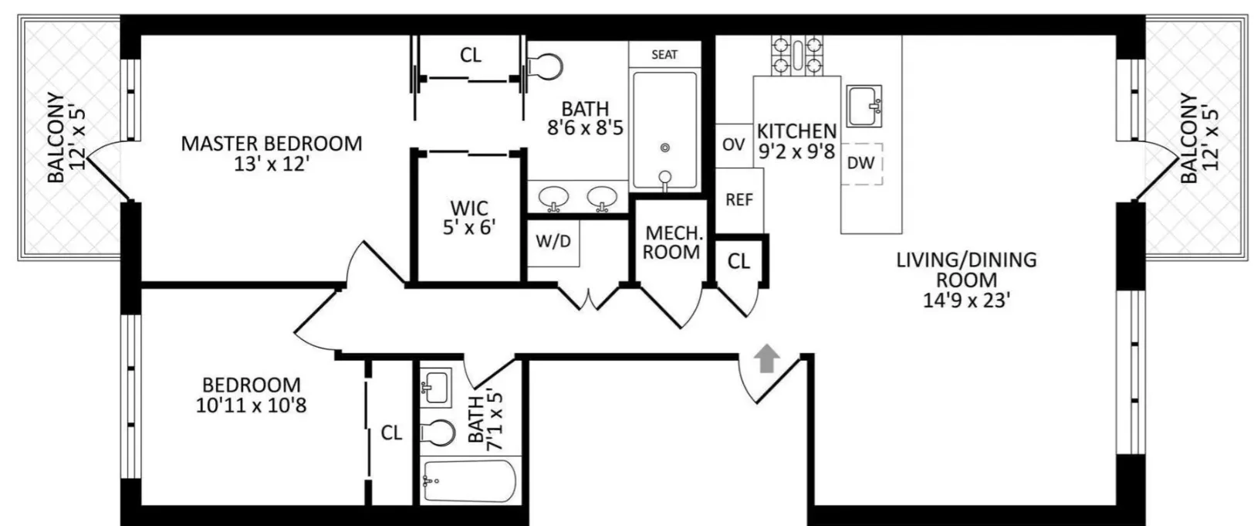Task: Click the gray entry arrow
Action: click(x=766, y=358)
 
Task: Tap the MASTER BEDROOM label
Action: click(x=271, y=144)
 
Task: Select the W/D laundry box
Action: click(x=553, y=241)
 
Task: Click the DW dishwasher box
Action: click(x=861, y=163)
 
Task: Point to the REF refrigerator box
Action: click(x=739, y=200)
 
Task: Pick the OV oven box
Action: click(x=733, y=144)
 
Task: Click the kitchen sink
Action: click(x=864, y=106)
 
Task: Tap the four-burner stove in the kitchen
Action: click(x=797, y=55)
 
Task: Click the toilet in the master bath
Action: click(x=546, y=66)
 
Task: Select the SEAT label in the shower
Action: click(x=664, y=54)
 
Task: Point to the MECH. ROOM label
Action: click(x=671, y=243)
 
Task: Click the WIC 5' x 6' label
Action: click(x=469, y=217)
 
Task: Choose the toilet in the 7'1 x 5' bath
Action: click(x=438, y=433)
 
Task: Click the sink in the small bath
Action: click(x=436, y=385)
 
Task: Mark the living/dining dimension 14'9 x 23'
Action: click(x=966, y=300)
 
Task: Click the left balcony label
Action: click(x=66, y=137)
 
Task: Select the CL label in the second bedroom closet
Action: click(x=391, y=433)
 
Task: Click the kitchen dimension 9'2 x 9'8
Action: click(x=796, y=151)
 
